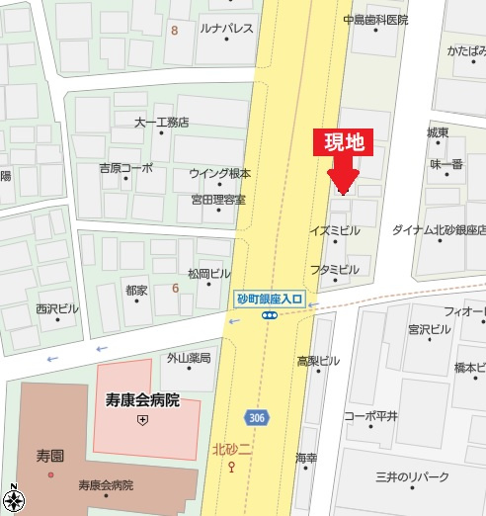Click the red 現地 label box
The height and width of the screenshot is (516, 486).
pyautogui.click(x=344, y=141)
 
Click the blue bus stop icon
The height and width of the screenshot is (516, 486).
pyautogui.click(x=269, y=315)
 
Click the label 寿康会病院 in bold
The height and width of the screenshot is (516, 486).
pyautogui.click(x=142, y=400)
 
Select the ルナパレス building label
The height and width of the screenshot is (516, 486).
pyautogui.click(x=226, y=29)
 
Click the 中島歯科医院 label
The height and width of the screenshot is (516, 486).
pyautogui.click(x=375, y=19)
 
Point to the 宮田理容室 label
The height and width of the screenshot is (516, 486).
pyautogui.click(x=218, y=200)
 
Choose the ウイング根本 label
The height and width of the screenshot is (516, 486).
pyautogui.click(x=220, y=173)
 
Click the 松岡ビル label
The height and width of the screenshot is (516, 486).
pyautogui.click(x=208, y=272)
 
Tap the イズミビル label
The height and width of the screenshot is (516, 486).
pyautogui.click(x=335, y=230)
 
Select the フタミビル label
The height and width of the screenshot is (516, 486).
pyautogui.click(x=335, y=269)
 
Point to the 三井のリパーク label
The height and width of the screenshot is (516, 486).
pyautogui.click(x=413, y=478)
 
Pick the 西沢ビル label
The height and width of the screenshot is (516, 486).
pyautogui.click(x=57, y=308)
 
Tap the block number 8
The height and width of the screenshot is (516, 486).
pyautogui.click(x=175, y=31)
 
